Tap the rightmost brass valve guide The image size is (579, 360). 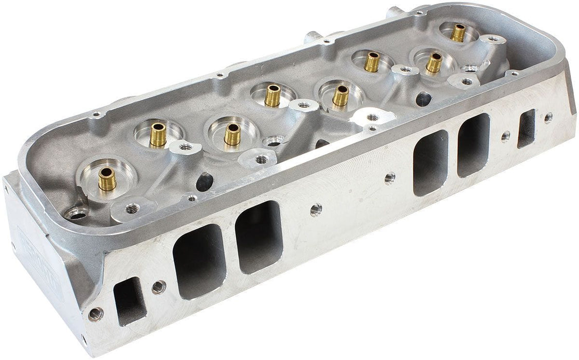[458, 33]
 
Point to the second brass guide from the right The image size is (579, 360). [433, 62]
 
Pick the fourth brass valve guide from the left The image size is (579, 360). [272, 95]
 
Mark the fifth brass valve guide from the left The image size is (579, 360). [340, 95]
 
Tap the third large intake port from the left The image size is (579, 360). [431, 162]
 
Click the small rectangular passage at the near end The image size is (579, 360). [128, 300]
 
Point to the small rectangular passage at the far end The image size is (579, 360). [527, 128]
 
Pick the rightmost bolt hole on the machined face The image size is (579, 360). [548, 117]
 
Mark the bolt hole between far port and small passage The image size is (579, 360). [505, 136]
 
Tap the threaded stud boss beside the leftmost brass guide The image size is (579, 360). [132, 208]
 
